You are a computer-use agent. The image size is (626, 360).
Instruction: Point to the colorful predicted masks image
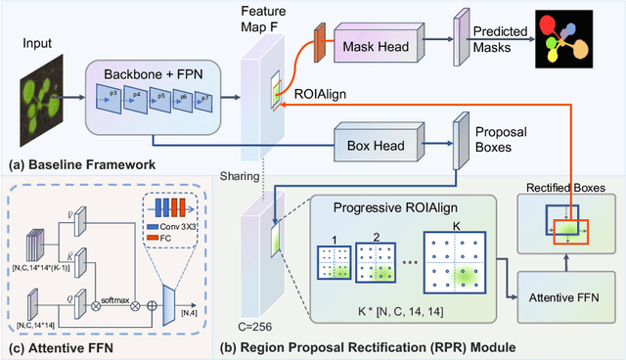tap(563, 45)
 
